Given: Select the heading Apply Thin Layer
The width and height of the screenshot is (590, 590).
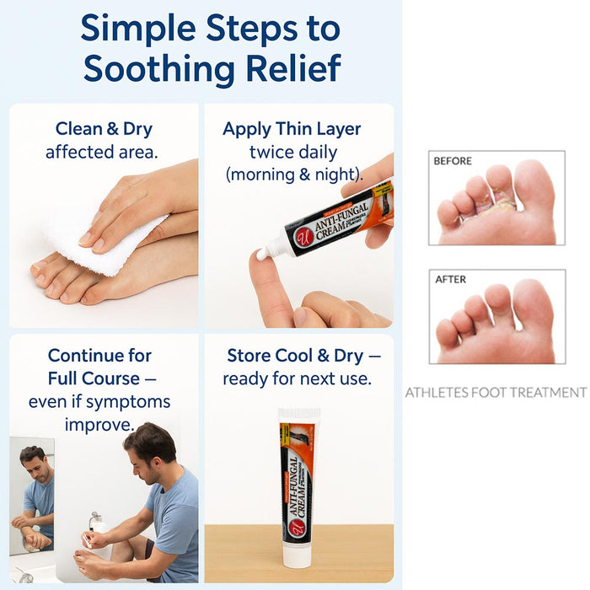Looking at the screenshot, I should tap(292, 129).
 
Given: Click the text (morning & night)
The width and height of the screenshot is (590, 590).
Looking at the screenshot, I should tap(294, 174).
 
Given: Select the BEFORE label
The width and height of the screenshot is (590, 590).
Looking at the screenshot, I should tap(453, 160).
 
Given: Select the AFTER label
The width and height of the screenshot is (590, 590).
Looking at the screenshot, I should tap(450, 279).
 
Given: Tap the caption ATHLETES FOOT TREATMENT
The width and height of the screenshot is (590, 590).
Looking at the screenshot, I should tap(495, 392).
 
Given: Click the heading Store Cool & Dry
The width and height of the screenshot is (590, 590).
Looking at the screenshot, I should tap(297, 356).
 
